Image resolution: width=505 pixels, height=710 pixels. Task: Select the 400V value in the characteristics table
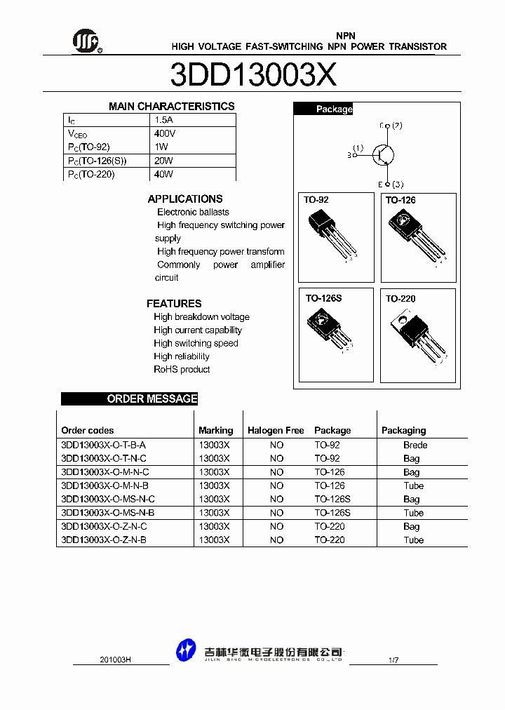(165, 133)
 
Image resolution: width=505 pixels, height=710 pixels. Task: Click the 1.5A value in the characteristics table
(163, 120)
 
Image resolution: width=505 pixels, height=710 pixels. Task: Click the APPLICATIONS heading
(185, 199)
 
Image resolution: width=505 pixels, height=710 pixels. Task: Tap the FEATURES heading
(174, 304)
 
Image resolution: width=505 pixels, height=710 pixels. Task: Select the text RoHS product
(182, 370)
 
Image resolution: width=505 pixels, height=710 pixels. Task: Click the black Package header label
(323, 109)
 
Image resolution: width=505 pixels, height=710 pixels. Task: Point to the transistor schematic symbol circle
(383, 154)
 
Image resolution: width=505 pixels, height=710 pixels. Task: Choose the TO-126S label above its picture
(323, 299)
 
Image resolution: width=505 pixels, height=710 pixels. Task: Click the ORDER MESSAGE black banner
(130, 399)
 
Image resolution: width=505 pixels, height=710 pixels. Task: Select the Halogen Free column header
(276, 431)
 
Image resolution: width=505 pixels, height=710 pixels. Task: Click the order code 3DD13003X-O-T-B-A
(103, 445)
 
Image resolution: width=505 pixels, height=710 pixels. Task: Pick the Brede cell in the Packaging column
(415, 445)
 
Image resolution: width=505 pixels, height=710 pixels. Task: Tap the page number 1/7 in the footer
(393, 660)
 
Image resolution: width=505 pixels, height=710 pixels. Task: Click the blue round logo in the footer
(186, 650)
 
